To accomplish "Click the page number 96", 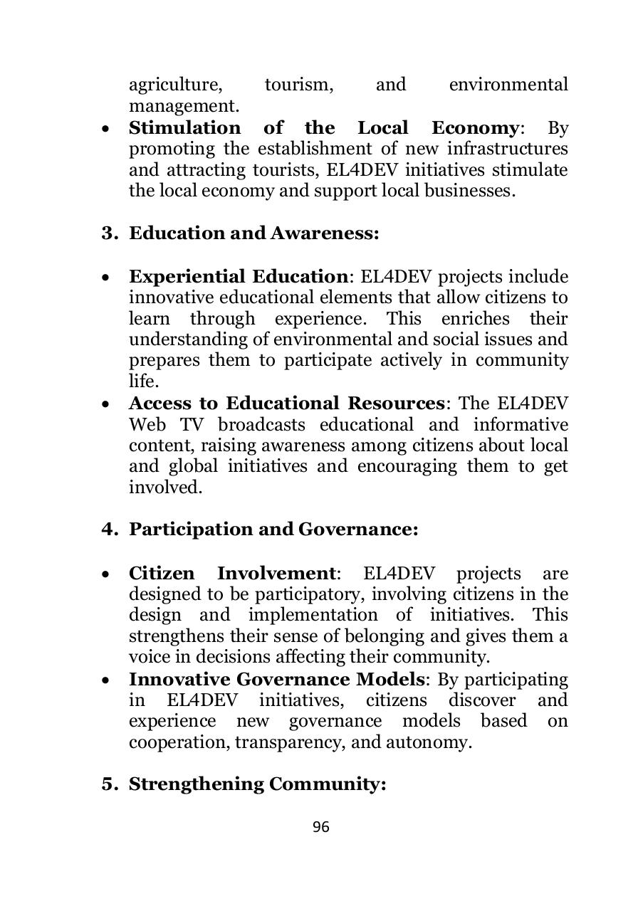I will tap(320, 826).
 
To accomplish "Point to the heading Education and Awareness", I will tap(253, 233).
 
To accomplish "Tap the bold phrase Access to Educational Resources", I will tap(286, 404).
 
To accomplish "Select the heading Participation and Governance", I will tap(273, 530).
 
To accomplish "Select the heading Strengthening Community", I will tap(257, 784).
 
